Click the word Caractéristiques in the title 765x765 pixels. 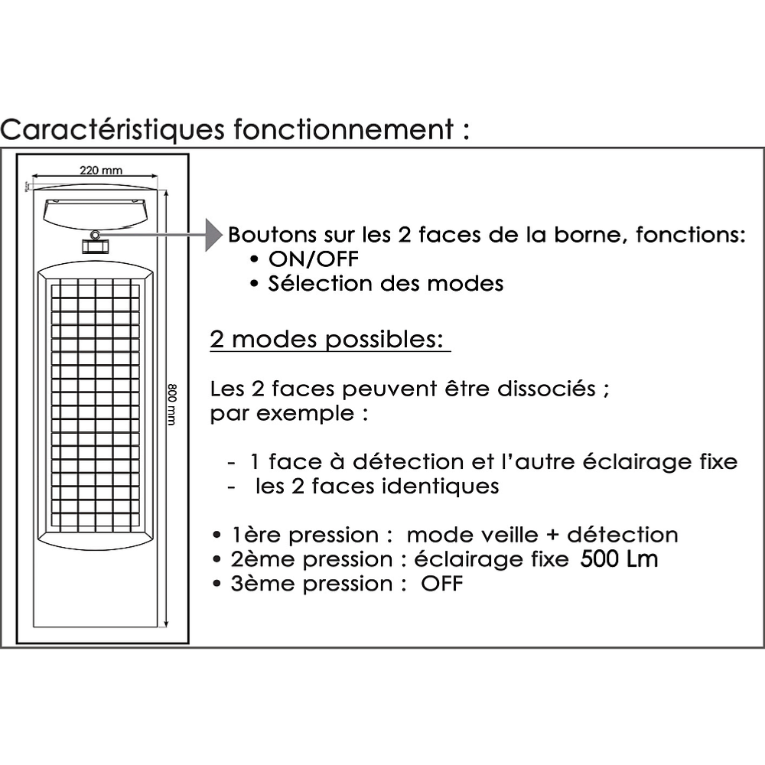click(x=112, y=129)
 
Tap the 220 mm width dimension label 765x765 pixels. click(x=101, y=170)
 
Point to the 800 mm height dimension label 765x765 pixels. click(x=172, y=405)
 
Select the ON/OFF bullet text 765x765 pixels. click(x=313, y=259)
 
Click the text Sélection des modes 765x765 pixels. click(x=386, y=284)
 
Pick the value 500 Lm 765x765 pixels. click(x=619, y=559)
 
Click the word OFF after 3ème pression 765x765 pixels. click(x=442, y=584)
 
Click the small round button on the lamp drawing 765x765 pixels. click(x=96, y=234)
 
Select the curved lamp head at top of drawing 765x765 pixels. click(x=96, y=211)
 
